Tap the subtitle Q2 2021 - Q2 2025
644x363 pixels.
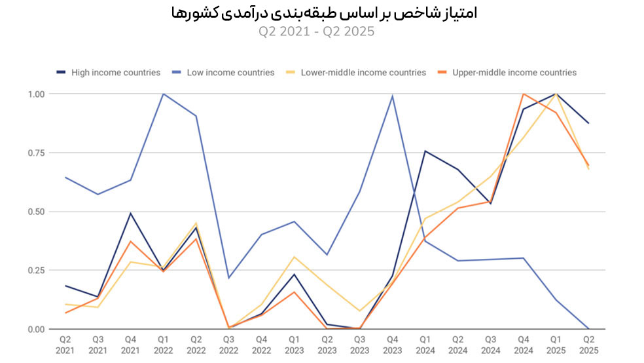tap(321, 31)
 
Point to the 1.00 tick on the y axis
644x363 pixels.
tap(36, 94)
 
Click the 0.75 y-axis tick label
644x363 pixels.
tap(36, 153)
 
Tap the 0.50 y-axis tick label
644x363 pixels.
tap(36, 212)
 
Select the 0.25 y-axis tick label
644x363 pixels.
tap(36, 271)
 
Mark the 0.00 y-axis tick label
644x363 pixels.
tap(36, 329)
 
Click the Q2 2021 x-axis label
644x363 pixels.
tap(65, 345)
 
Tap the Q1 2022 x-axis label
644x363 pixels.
tap(163, 345)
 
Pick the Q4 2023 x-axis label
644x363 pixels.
tap(392, 345)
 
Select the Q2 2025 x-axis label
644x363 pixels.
tap(588, 345)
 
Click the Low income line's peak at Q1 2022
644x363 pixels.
tap(163, 94)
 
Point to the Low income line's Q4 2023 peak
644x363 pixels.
tap(392, 96)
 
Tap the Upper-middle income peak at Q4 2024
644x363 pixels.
tap(523, 94)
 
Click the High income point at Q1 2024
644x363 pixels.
tap(425, 151)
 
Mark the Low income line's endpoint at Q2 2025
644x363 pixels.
tap(588, 329)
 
